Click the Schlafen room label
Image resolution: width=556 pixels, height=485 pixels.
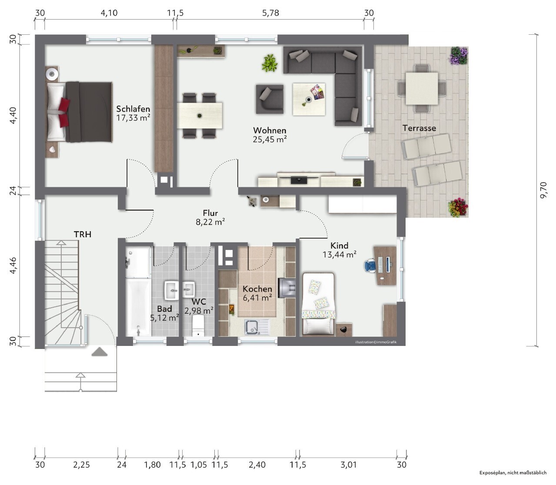[133, 109]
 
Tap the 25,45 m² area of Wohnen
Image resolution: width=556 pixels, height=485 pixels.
[270, 140]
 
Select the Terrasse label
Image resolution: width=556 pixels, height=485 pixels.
[419, 128]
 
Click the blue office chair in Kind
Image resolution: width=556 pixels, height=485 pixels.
[371, 265]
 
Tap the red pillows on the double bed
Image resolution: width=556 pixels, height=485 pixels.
[64, 112]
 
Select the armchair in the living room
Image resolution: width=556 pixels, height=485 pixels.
[270, 99]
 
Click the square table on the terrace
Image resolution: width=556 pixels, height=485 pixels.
[422, 88]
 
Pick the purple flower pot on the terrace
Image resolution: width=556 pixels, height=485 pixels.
[459, 56]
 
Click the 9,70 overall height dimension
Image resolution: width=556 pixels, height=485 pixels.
[543, 190]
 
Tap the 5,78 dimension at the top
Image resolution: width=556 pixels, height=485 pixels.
[271, 13]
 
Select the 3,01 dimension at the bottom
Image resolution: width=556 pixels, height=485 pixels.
[348, 465]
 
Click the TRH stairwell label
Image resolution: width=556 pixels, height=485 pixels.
[83, 234]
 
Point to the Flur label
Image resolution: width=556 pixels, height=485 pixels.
[210, 213]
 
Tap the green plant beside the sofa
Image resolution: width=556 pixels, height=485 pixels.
[270, 63]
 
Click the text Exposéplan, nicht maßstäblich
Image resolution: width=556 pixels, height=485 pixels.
[513, 473]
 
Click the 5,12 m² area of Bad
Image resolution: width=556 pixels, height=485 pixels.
[165, 318]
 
